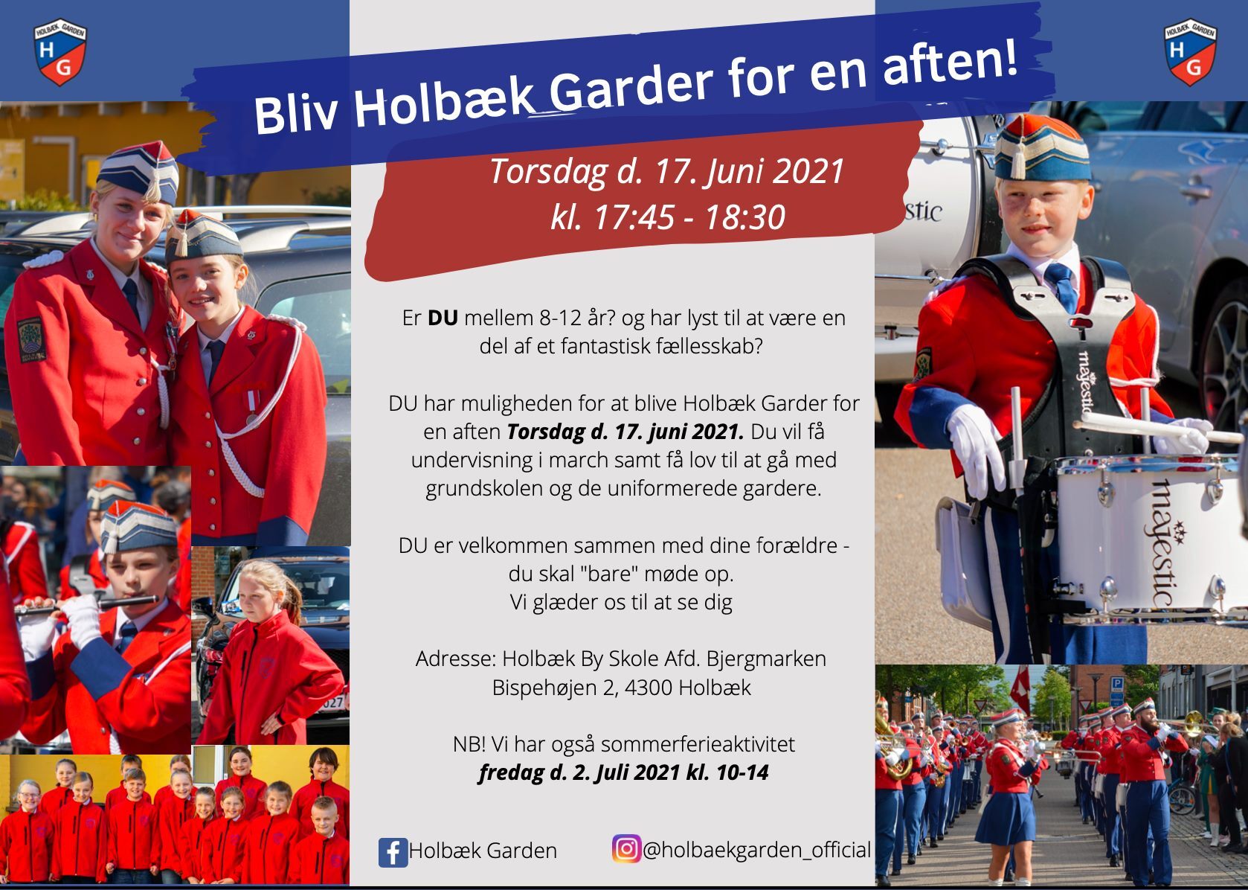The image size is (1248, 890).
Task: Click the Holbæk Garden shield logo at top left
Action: pyautogui.click(x=60, y=52)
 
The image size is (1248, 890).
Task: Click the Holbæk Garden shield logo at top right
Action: pyautogui.click(x=1190, y=52)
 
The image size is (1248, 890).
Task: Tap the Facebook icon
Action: pyautogui.click(x=393, y=852)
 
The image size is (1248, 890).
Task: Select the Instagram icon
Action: pyautogui.click(x=626, y=849)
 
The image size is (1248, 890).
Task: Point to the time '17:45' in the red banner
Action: pyautogui.click(x=634, y=217)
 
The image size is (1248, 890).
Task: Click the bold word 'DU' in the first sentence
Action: pyautogui.click(x=443, y=318)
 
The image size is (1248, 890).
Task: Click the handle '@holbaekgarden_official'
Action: pyautogui.click(x=756, y=850)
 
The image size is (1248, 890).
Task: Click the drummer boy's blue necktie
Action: pyautogui.click(x=1061, y=286)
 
